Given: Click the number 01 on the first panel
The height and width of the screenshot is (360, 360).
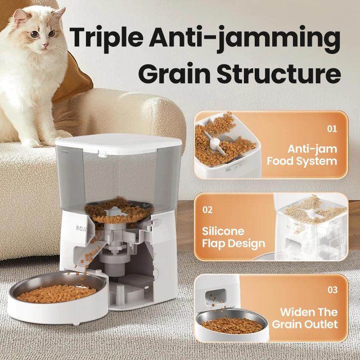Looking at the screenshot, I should click(x=332, y=129).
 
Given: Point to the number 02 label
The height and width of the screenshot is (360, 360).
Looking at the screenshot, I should click(x=207, y=210).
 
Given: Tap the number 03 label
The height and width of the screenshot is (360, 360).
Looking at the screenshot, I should click(x=332, y=290).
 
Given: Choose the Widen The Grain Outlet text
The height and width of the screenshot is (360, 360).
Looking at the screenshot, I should click(x=309, y=318).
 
